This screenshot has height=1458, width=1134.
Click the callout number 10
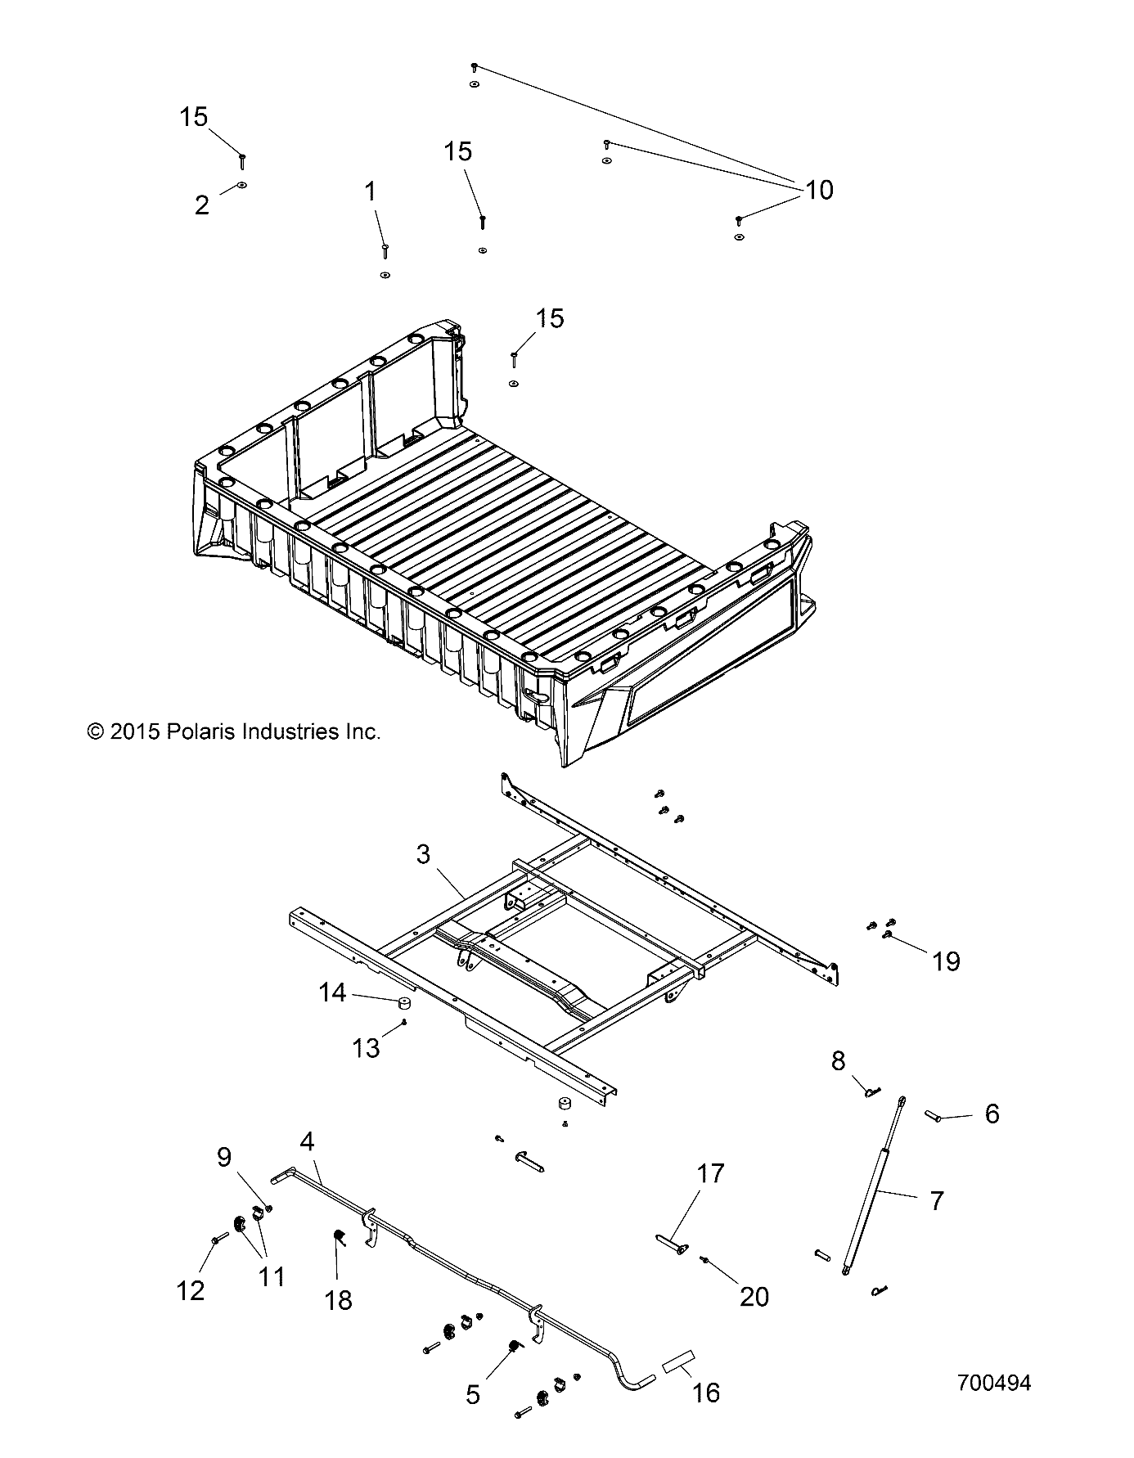819,190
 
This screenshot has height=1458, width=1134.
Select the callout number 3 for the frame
423,855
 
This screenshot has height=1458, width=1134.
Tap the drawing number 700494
993,1384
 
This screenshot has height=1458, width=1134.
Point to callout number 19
946,961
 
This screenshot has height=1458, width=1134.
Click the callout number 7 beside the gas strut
937,1201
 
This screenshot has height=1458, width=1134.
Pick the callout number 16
705,1392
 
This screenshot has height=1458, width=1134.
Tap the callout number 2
202,205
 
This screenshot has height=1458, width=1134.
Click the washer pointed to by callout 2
242,186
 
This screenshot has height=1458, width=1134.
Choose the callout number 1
371,192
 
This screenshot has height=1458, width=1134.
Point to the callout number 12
191,1290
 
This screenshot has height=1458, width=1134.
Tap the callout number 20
754,1297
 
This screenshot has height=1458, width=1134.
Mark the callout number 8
838,1061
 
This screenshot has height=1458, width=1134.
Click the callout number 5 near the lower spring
473,1394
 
